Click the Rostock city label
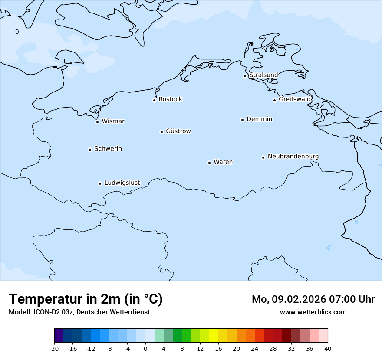(x=170, y=99)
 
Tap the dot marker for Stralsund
(x=245, y=76)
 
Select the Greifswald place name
(x=295, y=99)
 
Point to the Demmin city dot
(x=242, y=120)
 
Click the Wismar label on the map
(x=113, y=121)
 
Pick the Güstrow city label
(x=178, y=131)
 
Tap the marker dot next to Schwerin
(x=90, y=150)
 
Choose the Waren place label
(x=223, y=162)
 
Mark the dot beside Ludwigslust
(x=100, y=183)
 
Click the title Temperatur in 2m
(x=86, y=299)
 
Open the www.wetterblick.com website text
(x=313, y=312)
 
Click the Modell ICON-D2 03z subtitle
(x=79, y=312)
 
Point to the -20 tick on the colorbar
(x=54, y=348)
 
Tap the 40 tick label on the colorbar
(x=328, y=348)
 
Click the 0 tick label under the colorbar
(x=145, y=348)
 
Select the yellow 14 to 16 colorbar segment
(x=214, y=336)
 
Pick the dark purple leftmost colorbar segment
(x=59, y=336)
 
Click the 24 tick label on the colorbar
(x=255, y=348)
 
